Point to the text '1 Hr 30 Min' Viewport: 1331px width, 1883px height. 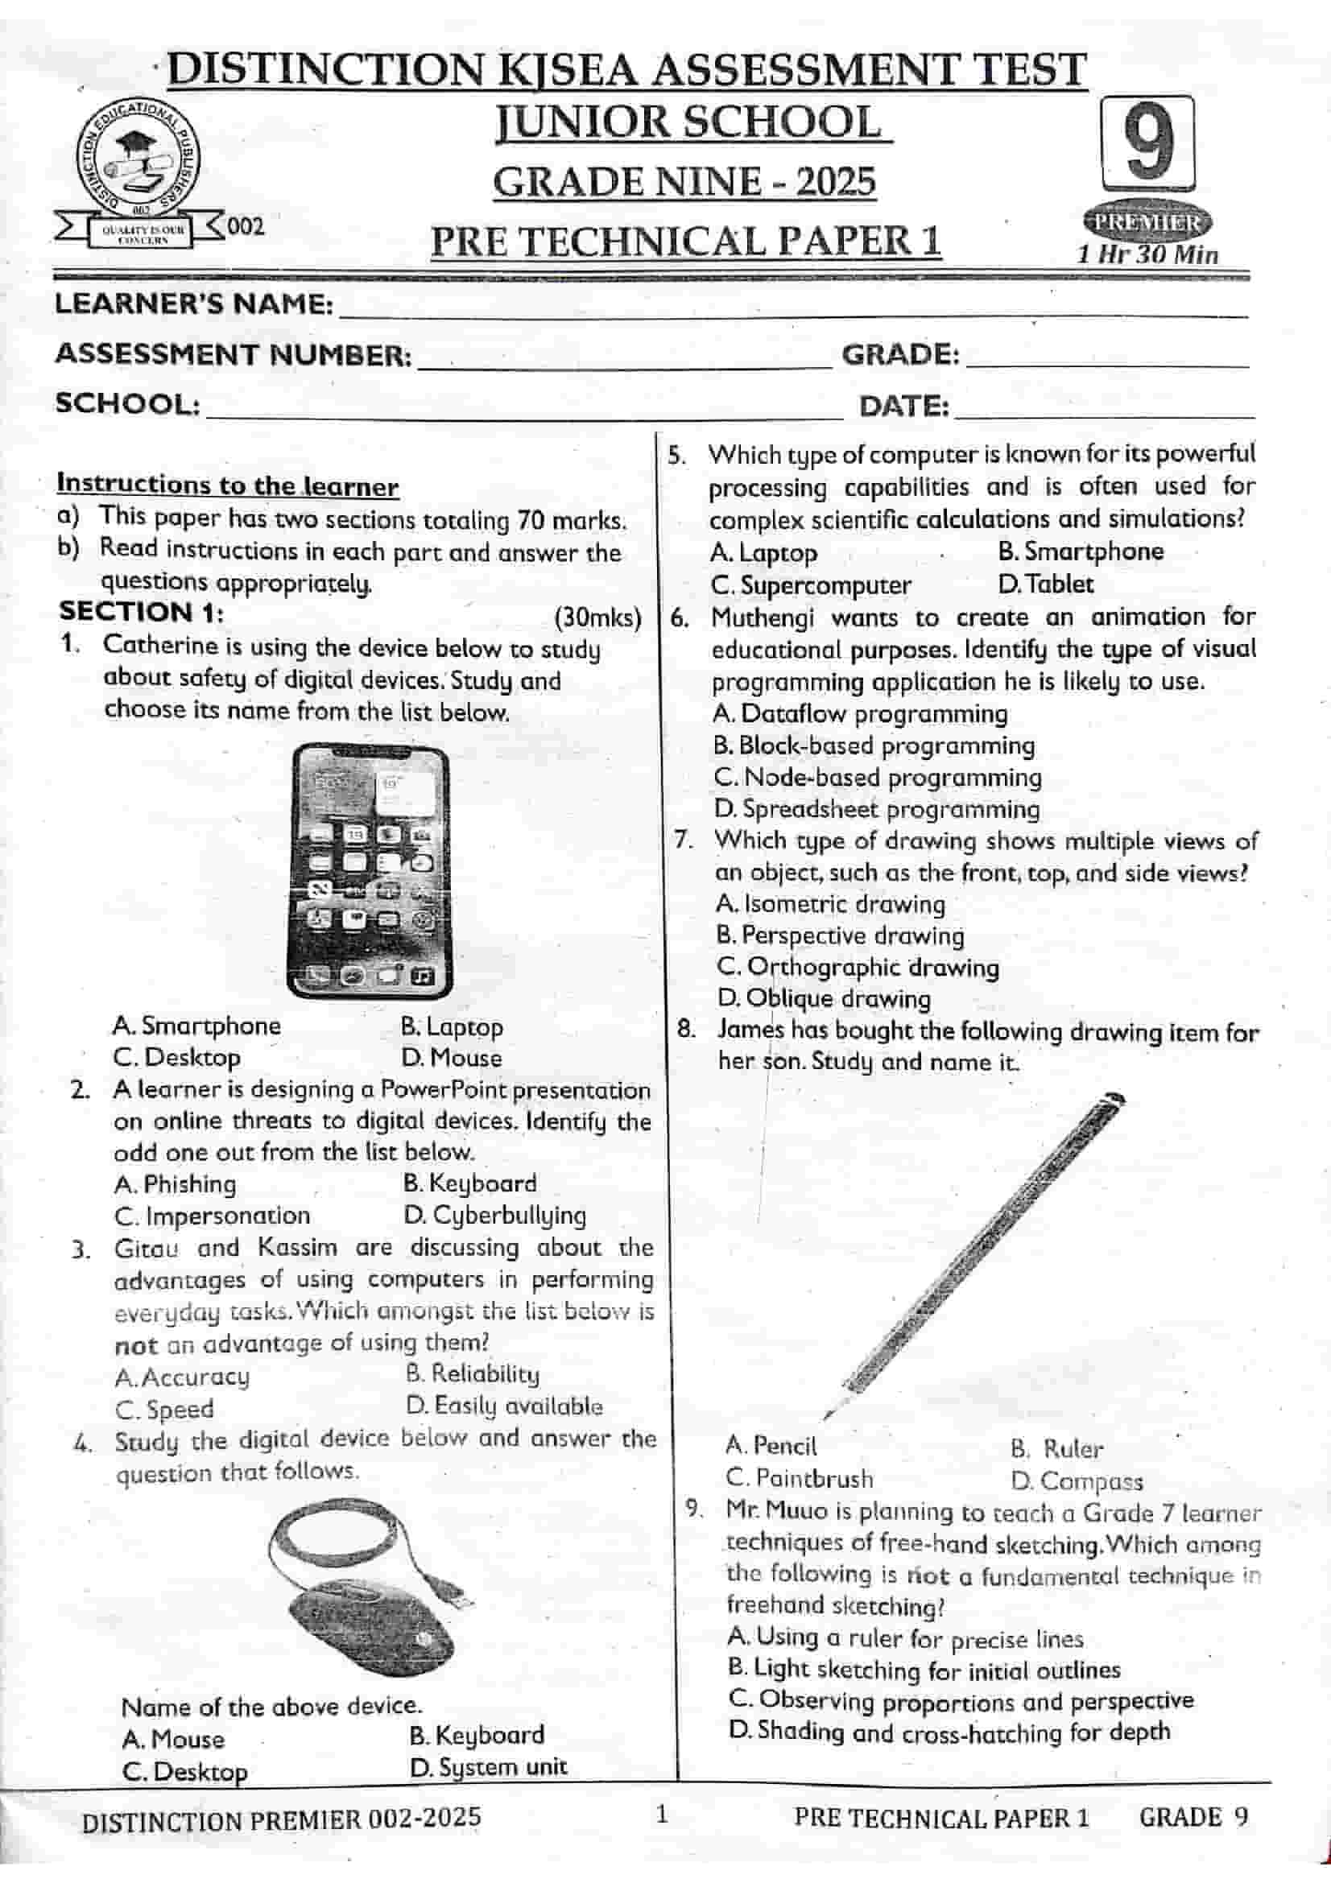[x=1147, y=254]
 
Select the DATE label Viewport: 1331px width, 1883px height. [x=903, y=406]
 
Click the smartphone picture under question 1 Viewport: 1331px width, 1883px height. [x=369, y=870]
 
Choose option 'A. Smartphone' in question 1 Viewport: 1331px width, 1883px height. [x=196, y=1026]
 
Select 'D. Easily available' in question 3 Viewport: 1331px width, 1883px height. [x=503, y=1406]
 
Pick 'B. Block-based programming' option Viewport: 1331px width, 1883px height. [x=874, y=745]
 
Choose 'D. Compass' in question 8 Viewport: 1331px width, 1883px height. [x=1076, y=1481]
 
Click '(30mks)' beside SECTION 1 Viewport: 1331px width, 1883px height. [x=597, y=617]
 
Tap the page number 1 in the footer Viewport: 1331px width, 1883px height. [x=663, y=1813]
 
